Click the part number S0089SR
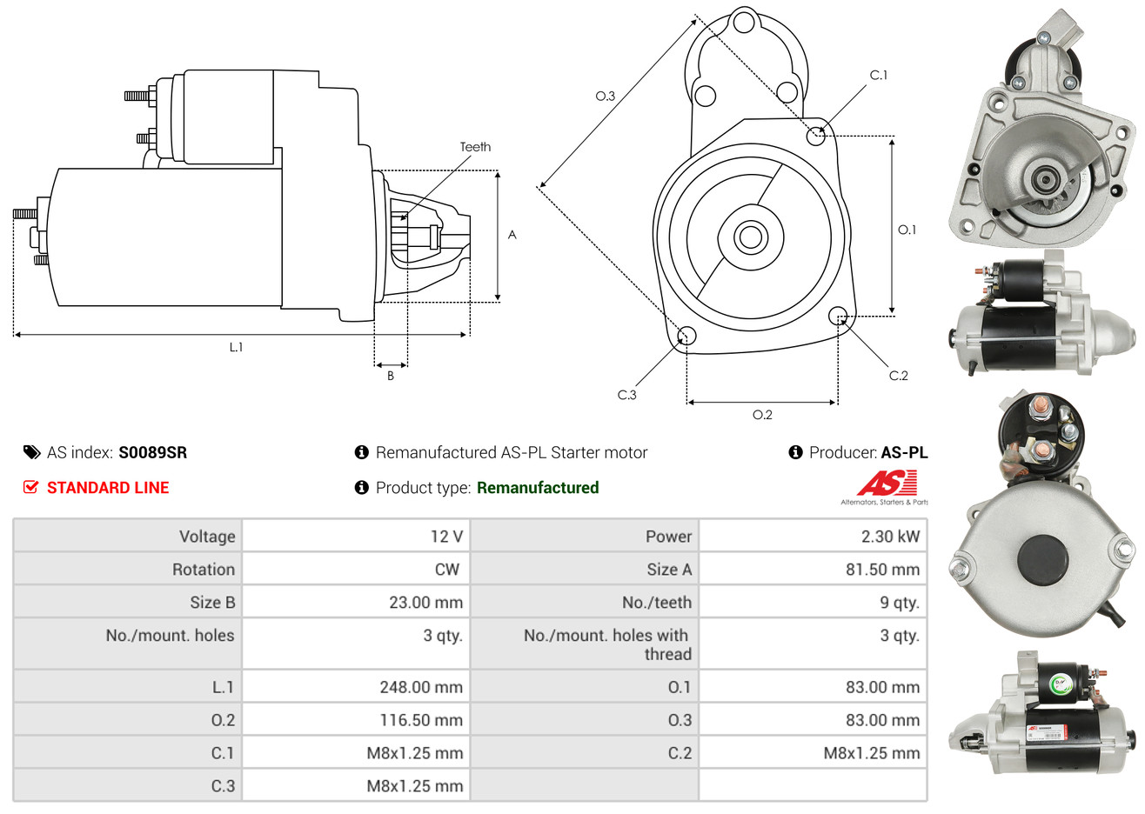(152, 452)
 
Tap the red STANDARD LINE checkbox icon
(31, 487)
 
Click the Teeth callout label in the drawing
(475, 147)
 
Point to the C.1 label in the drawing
(879, 76)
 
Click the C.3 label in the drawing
(626, 395)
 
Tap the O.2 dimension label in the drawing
(762, 415)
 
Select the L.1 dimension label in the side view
(236, 347)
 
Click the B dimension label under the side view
(391, 376)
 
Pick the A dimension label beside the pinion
(512, 235)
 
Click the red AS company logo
(887, 484)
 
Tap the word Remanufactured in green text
(538, 488)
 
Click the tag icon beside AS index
(31, 452)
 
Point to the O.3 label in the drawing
(605, 96)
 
